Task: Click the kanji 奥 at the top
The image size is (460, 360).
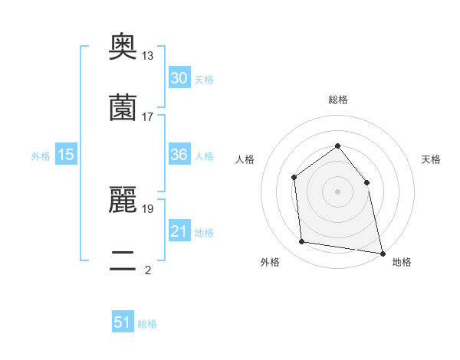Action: point(123,47)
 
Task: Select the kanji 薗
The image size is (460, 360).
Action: point(123,108)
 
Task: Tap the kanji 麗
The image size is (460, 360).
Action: point(123,200)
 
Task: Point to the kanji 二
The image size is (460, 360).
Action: point(123,260)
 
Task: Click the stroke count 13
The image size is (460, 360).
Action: point(148,56)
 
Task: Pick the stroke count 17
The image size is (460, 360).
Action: point(148,116)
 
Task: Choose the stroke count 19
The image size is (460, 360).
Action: point(148,208)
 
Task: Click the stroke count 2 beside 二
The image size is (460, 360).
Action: point(148,269)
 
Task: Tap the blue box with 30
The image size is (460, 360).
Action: point(179,78)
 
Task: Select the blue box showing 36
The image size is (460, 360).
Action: point(179,155)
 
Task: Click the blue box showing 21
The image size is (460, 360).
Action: point(179,231)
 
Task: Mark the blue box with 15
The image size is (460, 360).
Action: point(66,155)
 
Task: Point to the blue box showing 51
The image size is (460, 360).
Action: point(123,322)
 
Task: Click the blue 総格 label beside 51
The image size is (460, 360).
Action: point(147,324)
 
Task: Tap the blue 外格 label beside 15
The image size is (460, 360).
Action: point(41,156)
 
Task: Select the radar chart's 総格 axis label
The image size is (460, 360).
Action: point(337,100)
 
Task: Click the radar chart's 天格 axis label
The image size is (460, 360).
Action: point(431,159)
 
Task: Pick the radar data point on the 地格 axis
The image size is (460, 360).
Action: point(382,253)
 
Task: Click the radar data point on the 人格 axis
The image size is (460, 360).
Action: point(294,178)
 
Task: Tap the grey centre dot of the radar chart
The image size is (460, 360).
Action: point(337,191)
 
